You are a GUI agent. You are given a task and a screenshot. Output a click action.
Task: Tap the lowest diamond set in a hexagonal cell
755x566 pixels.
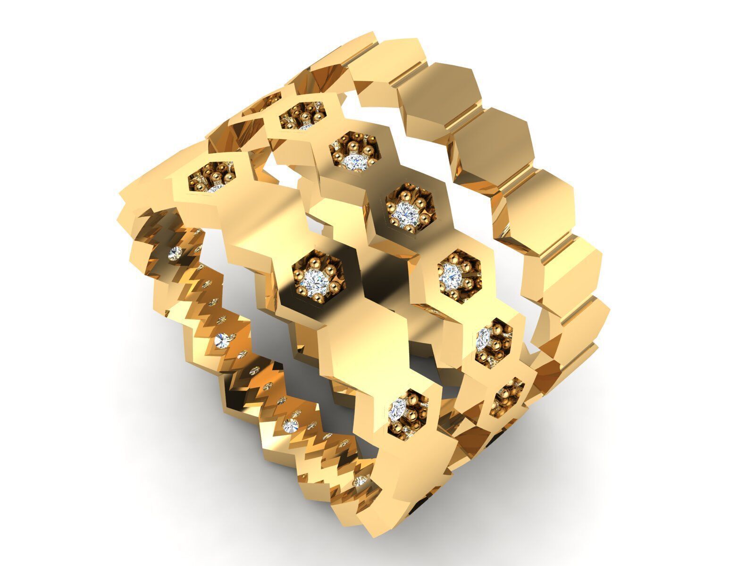(399, 409)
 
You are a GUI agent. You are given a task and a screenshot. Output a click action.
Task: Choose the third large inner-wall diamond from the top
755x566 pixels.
(289, 426)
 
